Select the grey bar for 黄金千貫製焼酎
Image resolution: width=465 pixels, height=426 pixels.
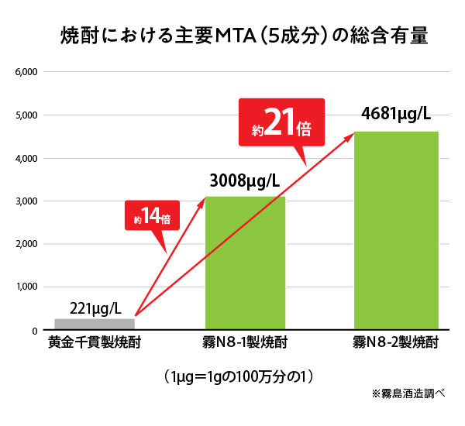[95, 324]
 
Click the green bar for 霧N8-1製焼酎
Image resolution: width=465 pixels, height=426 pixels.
[245, 263]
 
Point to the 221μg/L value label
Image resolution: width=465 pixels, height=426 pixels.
[94, 307]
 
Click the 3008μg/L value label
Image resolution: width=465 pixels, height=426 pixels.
[244, 183]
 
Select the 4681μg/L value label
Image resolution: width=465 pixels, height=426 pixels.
[396, 115]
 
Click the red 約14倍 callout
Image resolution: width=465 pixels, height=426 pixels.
[153, 216]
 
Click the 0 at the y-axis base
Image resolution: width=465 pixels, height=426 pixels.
[36, 331]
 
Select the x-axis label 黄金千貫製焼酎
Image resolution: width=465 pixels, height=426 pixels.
[94, 342]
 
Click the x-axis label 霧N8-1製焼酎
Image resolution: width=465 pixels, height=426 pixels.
[245, 342]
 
